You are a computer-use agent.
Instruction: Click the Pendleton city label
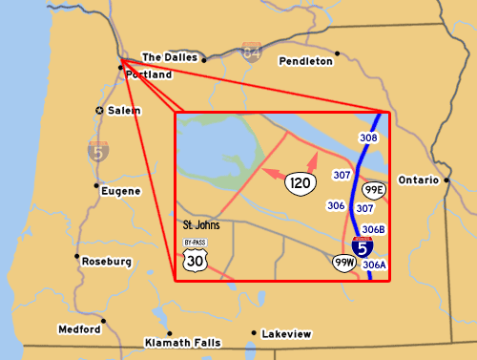tap(306, 61)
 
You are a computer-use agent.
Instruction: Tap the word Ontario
tap(418, 180)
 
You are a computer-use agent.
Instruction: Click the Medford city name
tap(79, 329)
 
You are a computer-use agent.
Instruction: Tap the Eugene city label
tap(120, 191)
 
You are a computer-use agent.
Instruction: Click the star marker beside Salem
tap(100, 111)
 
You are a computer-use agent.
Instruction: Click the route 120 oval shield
tap(301, 181)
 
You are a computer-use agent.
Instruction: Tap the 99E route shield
tap(373, 190)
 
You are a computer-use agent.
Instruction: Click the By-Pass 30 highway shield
tap(195, 256)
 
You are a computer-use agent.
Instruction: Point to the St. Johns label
tap(200, 226)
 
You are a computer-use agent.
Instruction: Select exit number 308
tap(369, 138)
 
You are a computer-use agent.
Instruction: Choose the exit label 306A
tap(374, 265)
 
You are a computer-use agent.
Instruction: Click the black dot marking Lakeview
tap(253, 333)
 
